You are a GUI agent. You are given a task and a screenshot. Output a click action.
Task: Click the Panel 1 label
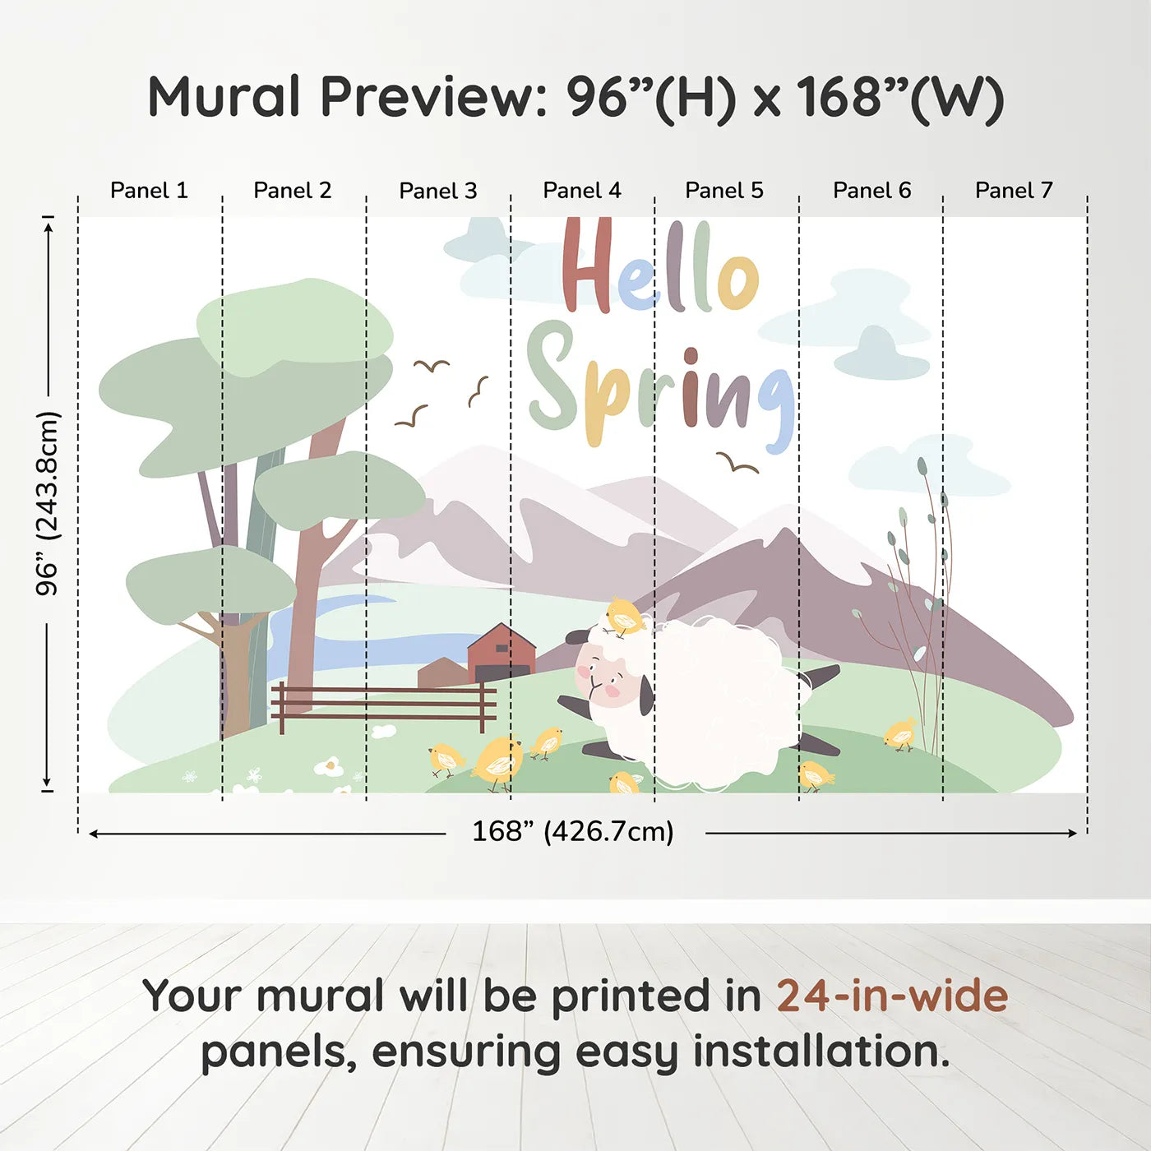tap(150, 191)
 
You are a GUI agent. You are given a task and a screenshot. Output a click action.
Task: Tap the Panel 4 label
tap(582, 191)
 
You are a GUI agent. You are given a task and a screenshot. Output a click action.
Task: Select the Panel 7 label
tap(1014, 191)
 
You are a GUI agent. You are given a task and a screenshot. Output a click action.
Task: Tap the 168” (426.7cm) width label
tap(573, 831)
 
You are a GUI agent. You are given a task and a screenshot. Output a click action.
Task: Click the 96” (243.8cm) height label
tap(47, 503)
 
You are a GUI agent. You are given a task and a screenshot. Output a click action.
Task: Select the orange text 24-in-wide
tap(892, 995)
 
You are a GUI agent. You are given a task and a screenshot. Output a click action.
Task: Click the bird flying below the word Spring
tap(737, 463)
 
